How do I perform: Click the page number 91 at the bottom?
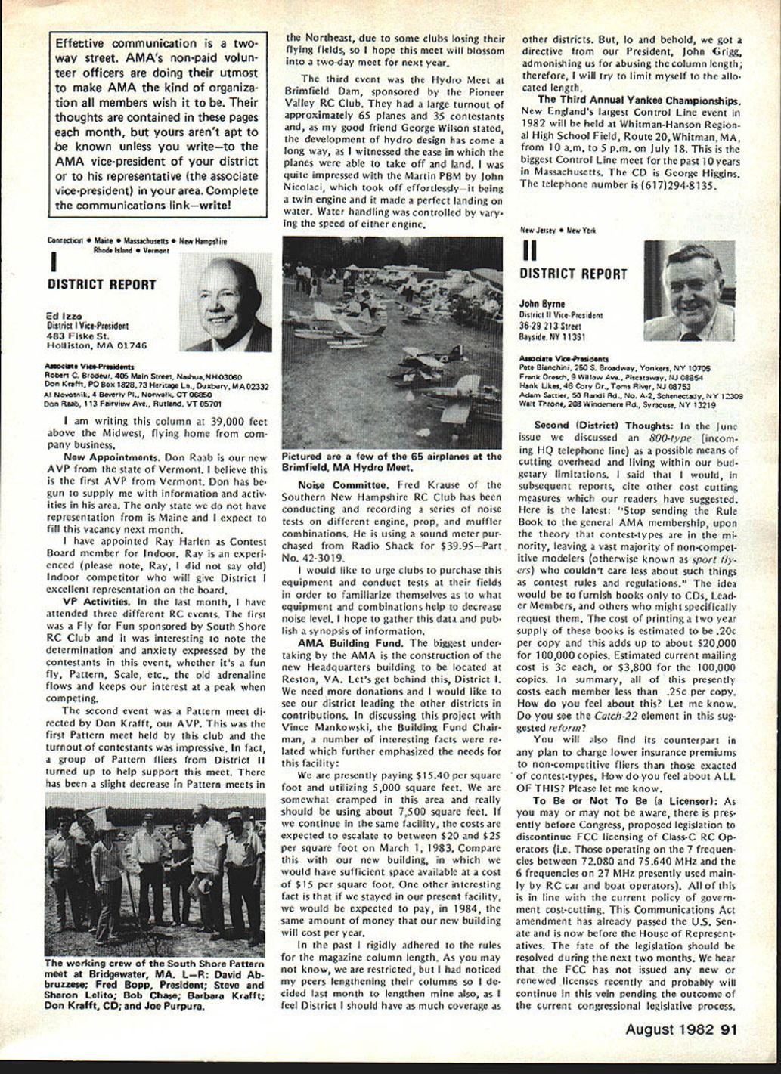tap(729, 1029)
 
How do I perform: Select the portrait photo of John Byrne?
tap(689, 291)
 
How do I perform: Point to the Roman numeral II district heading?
tap(529, 250)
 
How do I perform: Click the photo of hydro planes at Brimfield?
tap(392, 342)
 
